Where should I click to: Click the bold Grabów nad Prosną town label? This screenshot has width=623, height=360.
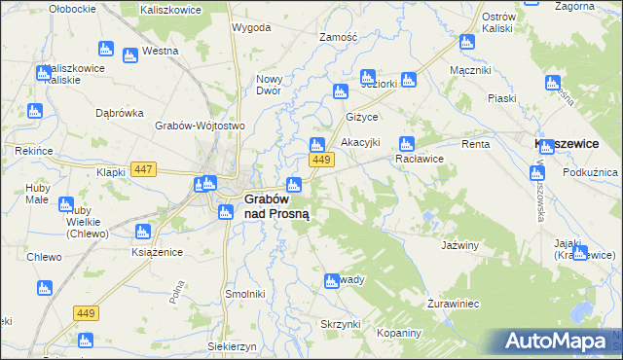(x=276, y=206)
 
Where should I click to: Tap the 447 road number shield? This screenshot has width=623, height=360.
(x=144, y=169)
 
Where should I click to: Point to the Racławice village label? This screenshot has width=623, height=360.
(x=420, y=159)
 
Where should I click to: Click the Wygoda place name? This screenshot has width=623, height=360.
(x=251, y=27)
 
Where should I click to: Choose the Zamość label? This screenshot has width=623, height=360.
(x=339, y=37)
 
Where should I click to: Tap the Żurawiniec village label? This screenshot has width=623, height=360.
(x=454, y=304)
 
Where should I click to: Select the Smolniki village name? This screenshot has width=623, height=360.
(x=245, y=293)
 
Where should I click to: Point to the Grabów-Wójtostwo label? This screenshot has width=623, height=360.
(x=200, y=126)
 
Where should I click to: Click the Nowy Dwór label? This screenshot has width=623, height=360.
(x=268, y=85)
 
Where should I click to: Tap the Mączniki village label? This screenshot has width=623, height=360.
(x=471, y=70)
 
